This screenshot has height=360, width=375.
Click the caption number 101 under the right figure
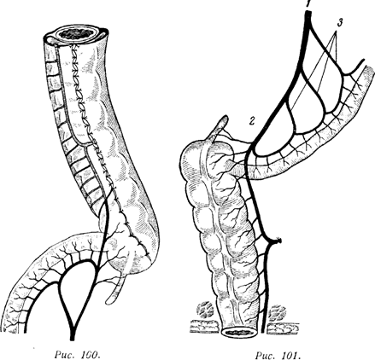pyautogui.click(x=291, y=355)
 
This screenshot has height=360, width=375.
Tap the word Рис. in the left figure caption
pyautogui.click(x=64, y=355)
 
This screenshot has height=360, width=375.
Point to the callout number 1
pyautogui.click(x=308, y=4)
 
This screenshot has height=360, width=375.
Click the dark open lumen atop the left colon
pyautogui.click(x=77, y=34)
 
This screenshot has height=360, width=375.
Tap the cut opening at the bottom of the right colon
pyautogui.click(x=239, y=333)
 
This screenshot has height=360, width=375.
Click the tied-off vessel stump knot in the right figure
pyautogui.click(x=278, y=241)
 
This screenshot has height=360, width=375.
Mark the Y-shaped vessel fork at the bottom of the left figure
pyautogui.click(x=73, y=325)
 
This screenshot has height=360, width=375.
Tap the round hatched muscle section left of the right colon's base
pyautogui.click(x=206, y=311)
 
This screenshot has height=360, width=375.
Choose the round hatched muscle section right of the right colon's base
pyautogui.click(x=277, y=312)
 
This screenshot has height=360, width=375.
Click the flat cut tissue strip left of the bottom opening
pyautogui.click(x=205, y=326)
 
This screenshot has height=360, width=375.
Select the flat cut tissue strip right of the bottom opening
pyautogui.click(x=284, y=329)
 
